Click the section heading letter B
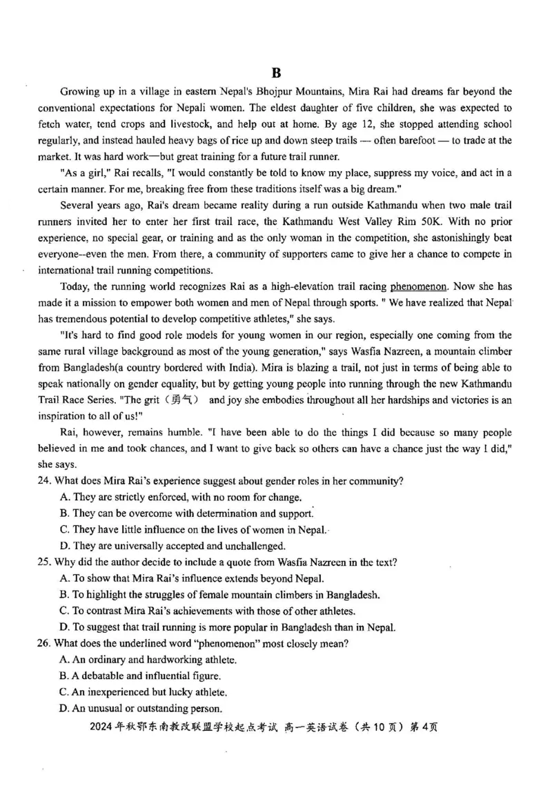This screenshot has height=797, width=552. [x=277, y=73]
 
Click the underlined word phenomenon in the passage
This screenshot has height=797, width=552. [x=419, y=286]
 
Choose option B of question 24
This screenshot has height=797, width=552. [x=65, y=513]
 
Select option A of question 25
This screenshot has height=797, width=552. [x=65, y=578]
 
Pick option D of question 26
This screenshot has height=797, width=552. [x=65, y=708]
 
